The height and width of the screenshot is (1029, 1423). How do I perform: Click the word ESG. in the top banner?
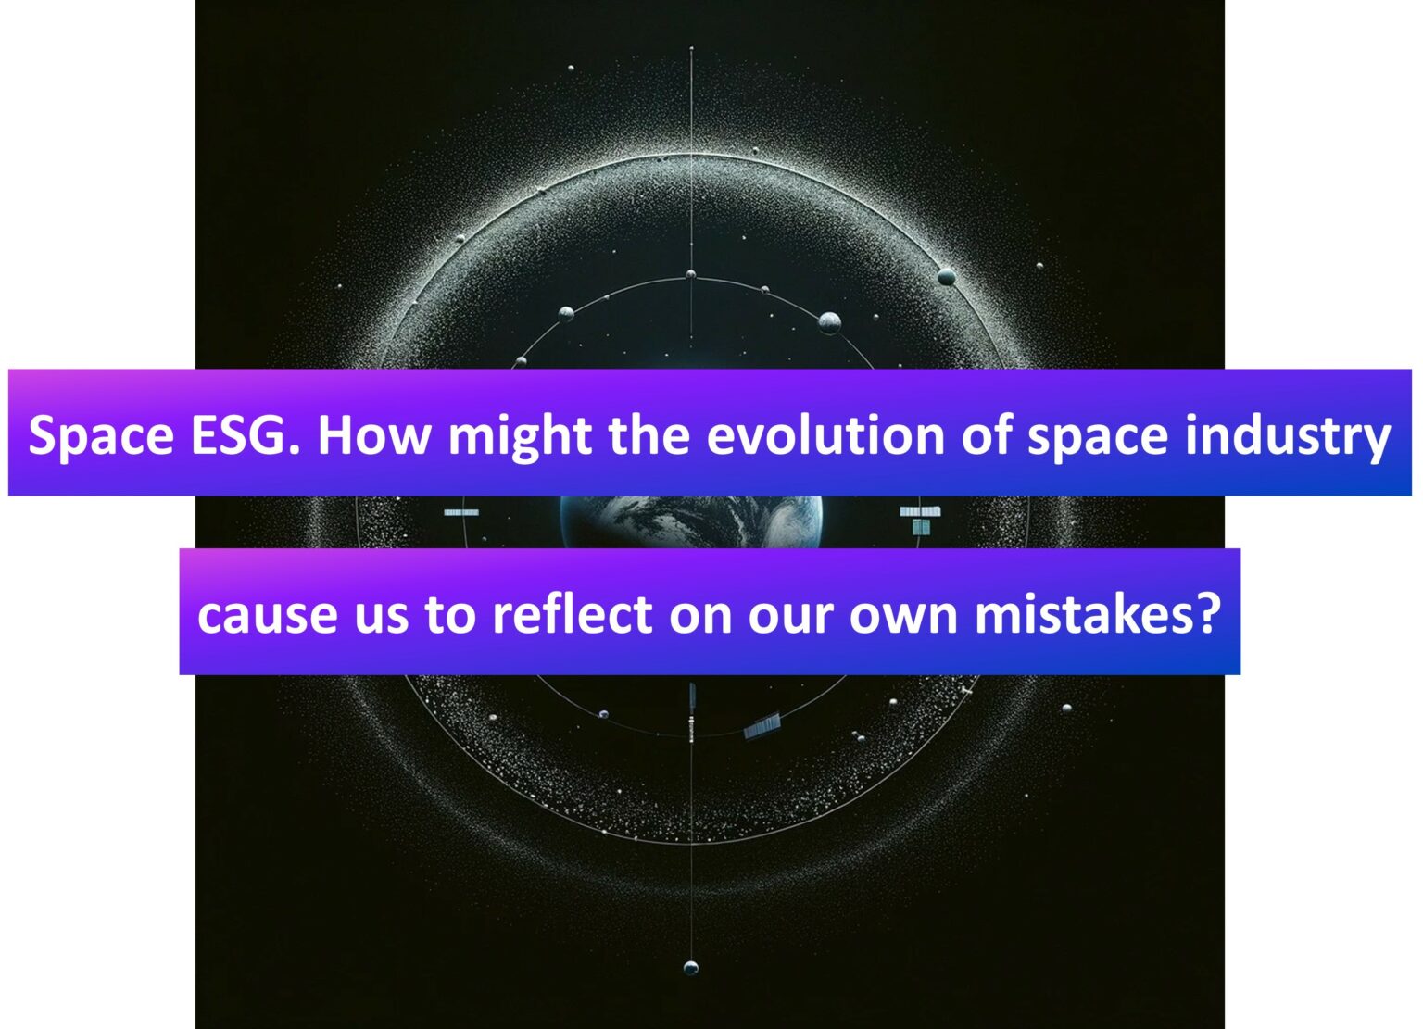(x=244, y=435)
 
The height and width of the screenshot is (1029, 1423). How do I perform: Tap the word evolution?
(x=825, y=435)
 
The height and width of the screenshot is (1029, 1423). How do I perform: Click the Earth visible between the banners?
(x=691, y=521)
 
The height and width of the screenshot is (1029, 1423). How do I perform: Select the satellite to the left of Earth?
(x=461, y=512)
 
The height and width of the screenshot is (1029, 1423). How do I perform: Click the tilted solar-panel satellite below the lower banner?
(x=762, y=725)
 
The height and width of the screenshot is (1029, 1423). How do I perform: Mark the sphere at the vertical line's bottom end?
(x=691, y=968)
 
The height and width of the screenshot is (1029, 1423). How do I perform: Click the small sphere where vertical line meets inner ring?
(x=690, y=274)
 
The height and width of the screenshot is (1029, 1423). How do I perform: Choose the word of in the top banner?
(x=986, y=435)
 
